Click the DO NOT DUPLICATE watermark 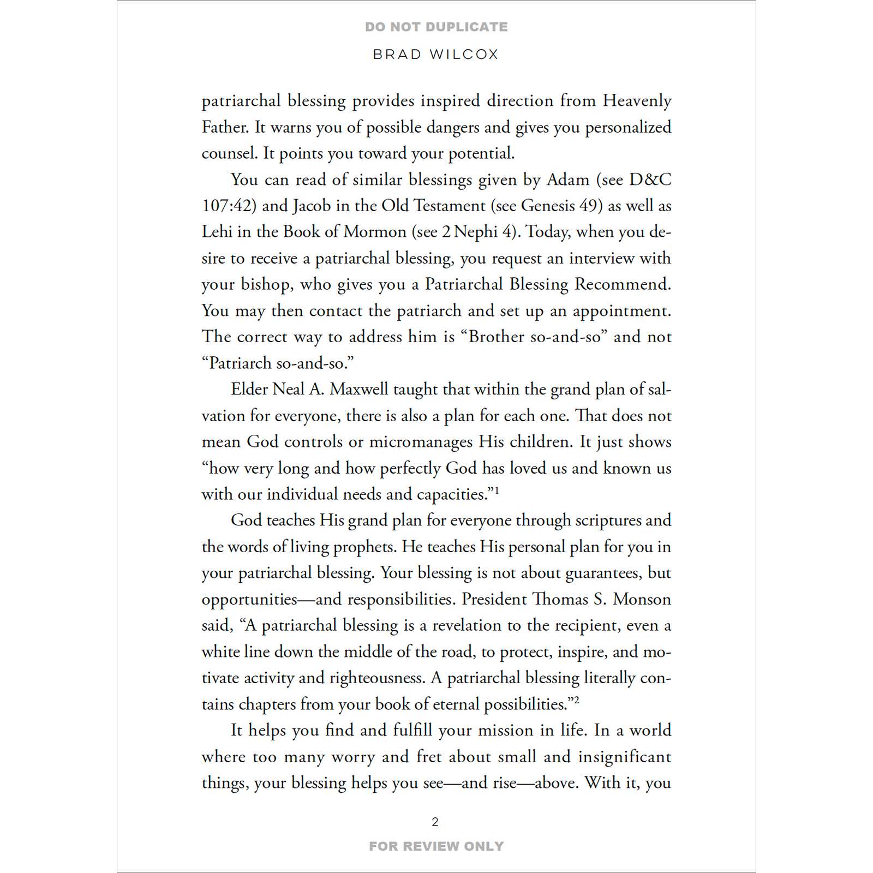click(436, 27)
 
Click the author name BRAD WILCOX click(436, 55)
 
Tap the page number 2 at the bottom click(435, 822)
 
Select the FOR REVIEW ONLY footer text click(436, 846)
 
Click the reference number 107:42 click(229, 206)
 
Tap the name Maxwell click(359, 390)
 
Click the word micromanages click(421, 442)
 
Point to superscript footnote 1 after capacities click(497, 491)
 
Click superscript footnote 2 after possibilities click(576, 701)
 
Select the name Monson click(642, 600)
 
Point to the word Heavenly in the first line click(637, 101)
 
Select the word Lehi click(217, 232)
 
